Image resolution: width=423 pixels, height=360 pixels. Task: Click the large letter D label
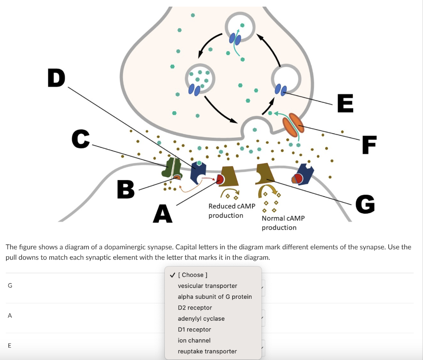(x=56, y=78)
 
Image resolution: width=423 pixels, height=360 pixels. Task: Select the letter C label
(x=81, y=139)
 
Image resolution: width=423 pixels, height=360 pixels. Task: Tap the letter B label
(x=126, y=189)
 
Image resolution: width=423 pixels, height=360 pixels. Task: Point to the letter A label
(x=162, y=214)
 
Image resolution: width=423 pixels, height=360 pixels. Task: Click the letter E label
(x=345, y=103)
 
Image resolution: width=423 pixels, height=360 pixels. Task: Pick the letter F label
(x=369, y=145)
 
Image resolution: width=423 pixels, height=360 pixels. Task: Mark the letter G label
(x=365, y=204)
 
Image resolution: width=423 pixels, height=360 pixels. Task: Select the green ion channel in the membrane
(x=172, y=167)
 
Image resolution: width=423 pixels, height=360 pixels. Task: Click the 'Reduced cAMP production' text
(x=232, y=211)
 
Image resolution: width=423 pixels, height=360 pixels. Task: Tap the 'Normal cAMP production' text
(x=283, y=223)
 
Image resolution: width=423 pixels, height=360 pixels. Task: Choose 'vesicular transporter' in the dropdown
(x=207, y=286)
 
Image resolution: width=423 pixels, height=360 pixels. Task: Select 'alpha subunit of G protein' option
(x=215, y=297)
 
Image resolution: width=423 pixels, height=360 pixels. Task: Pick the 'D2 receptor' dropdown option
(x=195, y=308)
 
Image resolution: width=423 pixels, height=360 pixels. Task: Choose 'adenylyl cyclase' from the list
(x=201, y=319)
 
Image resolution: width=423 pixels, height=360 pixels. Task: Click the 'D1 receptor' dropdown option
(x=194, y=329)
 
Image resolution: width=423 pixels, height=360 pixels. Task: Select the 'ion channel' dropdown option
(x=194, y=341)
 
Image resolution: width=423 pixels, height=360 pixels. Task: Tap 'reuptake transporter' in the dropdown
(x=207, y=351)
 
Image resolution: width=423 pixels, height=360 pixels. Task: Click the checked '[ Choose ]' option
(x=192, y=275)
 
